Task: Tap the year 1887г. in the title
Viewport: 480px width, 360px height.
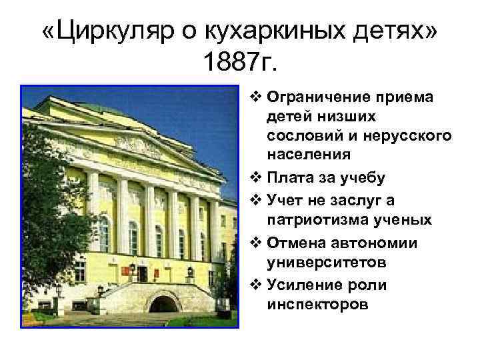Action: pyautogui.click(x=241, y=63)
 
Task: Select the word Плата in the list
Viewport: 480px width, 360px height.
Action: pyautogui.click(x=285, y=178)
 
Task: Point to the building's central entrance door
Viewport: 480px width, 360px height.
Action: pyautogui.click(x=141, y=274)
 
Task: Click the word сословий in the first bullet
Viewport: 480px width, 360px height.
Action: pyautogui.click(x=299, y=135)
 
